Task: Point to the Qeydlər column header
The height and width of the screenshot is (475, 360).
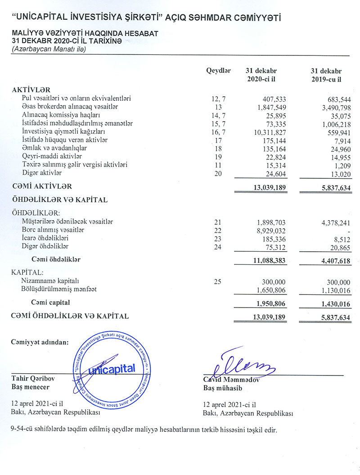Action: (218, 71)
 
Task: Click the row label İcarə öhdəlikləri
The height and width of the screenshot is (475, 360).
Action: (45, 239)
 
